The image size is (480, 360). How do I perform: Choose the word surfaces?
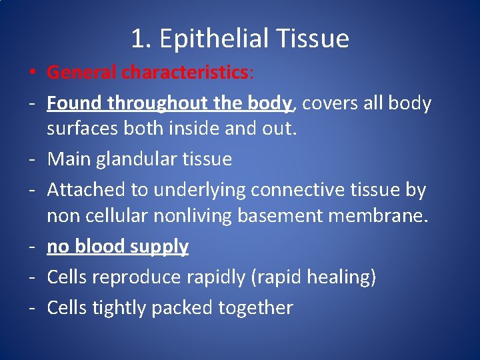[83, 128]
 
